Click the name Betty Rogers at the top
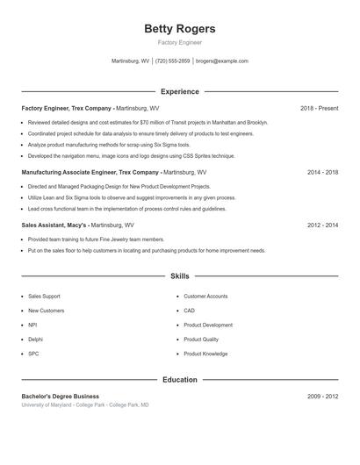point(179,29)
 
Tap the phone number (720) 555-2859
point(172,61)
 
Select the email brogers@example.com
point(222,61)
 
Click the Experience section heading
point(180,91)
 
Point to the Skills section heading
point(180,276)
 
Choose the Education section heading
point(180,380)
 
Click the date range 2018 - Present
point(319,108)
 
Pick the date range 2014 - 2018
point(322,173)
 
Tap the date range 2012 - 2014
point(322,225)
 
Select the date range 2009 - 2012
point(322,397)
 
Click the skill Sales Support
point(44,297)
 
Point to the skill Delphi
point(35,339)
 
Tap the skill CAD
point(190,311)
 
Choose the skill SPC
point(33,354)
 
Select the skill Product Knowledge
point(205,354)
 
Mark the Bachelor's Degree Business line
point(60,397)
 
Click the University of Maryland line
point(85,405)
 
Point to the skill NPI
point(32,325)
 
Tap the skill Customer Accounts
point(205,297)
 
